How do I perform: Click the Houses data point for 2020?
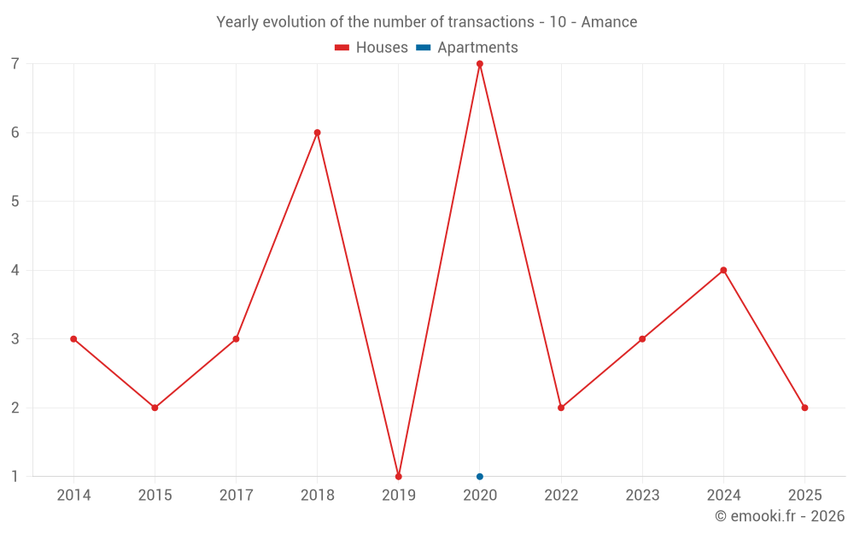click(480, 64)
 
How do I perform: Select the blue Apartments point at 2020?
click(480, 477)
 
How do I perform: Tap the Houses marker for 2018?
click(318, 132)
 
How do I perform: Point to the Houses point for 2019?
click(399, 477)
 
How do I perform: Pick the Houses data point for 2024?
click(723, 270)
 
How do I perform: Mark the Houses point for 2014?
click(73, 339)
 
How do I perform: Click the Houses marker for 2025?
click(804, 408)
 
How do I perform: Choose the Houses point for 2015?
click(155, 408)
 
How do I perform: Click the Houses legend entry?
click(371, 48)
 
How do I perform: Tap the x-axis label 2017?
click(236, 496)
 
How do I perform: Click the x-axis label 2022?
click(561, 496)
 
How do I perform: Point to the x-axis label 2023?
click(642, 496)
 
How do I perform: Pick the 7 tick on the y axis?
click(15, 64)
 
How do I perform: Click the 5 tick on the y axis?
click(15, 202)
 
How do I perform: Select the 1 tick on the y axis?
click(15, 477)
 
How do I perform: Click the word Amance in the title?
click(609, 22)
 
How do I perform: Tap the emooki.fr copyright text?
click(779, 516)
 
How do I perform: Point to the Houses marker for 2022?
click(561, 408)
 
